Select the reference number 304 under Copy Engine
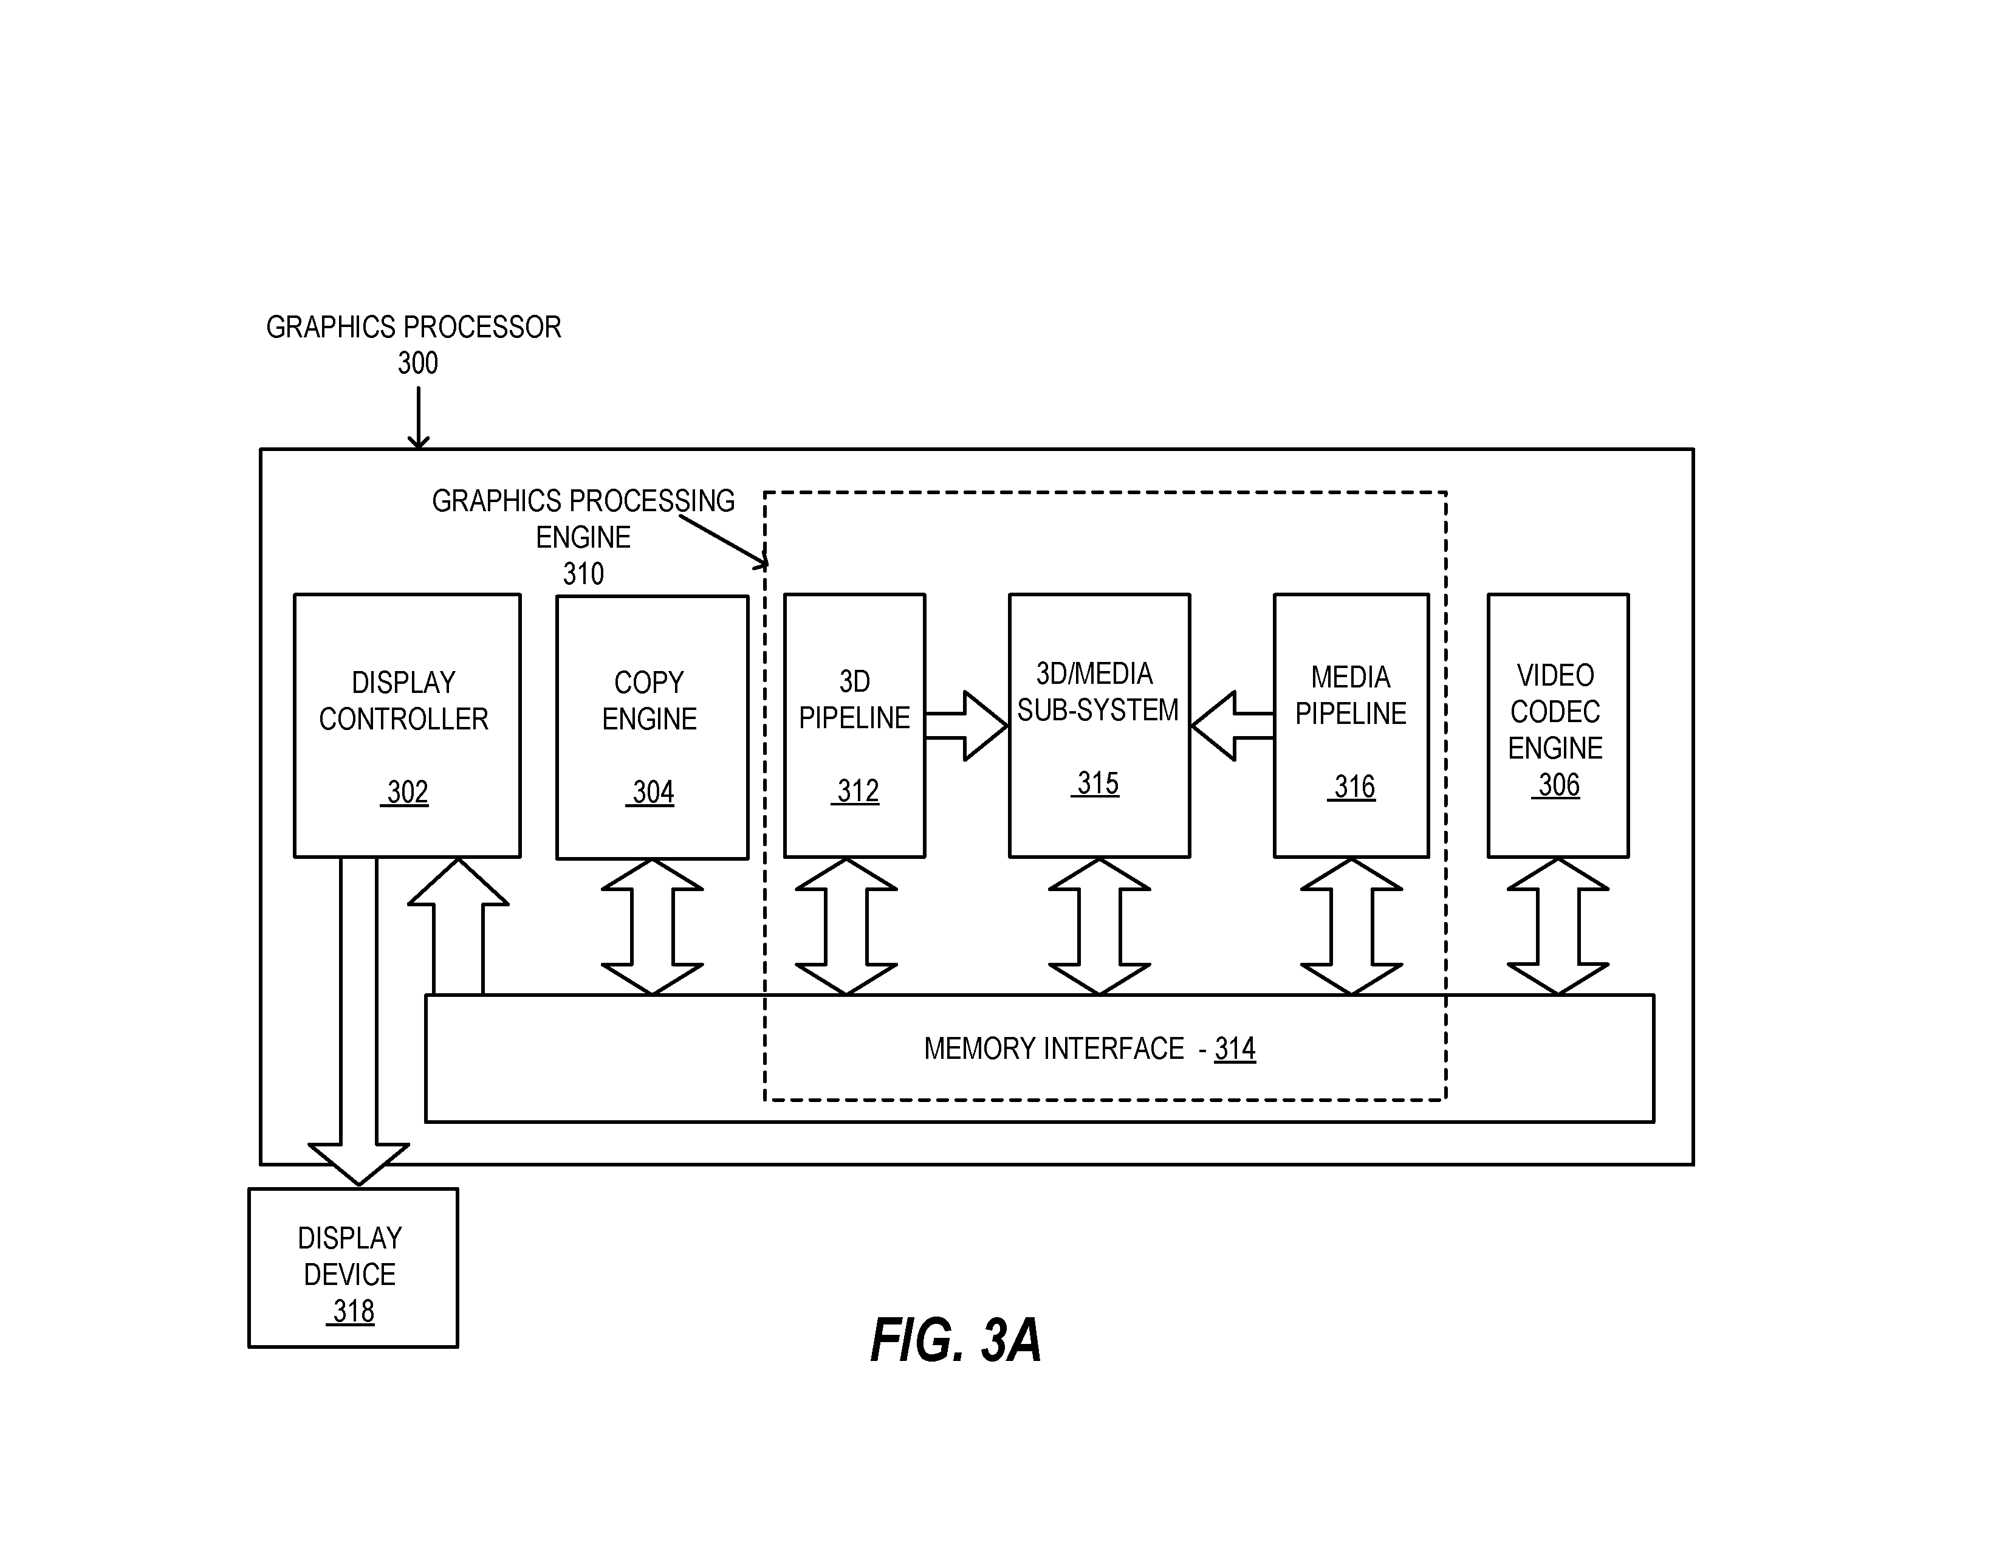653,791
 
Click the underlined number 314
1235,1049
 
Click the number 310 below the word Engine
583,574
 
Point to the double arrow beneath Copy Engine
652,926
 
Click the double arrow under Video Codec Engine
1558,926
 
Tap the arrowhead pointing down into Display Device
358,1165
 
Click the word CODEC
1555,712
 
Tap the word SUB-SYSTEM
1098,710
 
